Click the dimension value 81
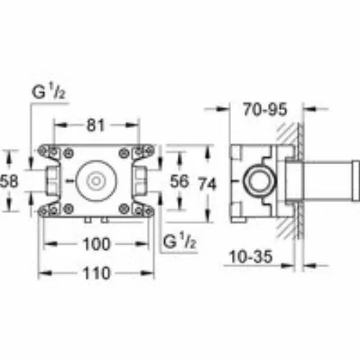click(x=96, y=125)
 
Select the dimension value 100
click(x=96, y=244)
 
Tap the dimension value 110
click(x=96, y=273)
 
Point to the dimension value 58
click(x=9, y=181)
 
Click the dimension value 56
click(x=179, y=181)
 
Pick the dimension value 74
click(x=207, y=184)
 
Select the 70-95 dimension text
click(x=265, y=109)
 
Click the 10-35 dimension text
click(x=251, y=256)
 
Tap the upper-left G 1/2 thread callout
click(x=49, y=92)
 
